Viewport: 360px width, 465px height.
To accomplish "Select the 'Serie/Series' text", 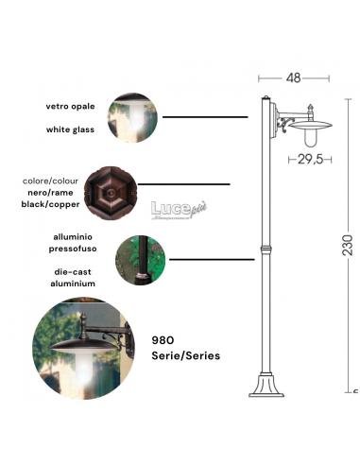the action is click(x=186, y=356).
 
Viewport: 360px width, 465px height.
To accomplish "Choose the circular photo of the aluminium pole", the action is click(x=139, y=260).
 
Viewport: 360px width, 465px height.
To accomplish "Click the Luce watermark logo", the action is click(x=177, y=208).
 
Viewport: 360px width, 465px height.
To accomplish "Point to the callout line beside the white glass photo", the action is click(x=202, y=117).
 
